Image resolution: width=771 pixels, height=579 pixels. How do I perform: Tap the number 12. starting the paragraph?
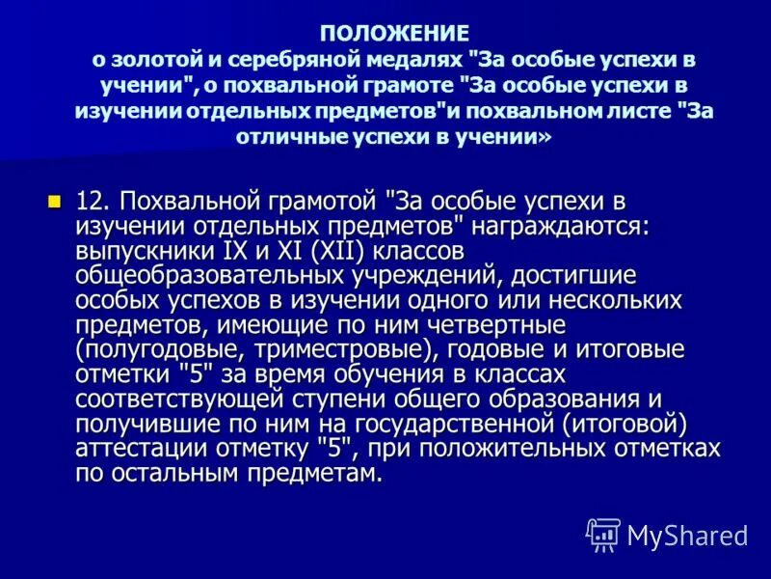click(94, 202)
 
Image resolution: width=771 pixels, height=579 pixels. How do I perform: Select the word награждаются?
click(548, 227)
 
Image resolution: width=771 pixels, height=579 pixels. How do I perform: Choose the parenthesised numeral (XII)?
click(341, 251)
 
